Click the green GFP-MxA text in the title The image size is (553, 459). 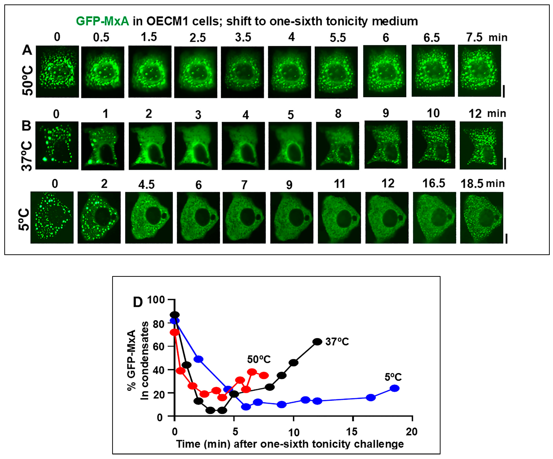click(x=102, y=21)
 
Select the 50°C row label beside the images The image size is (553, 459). click(x=28, y=80)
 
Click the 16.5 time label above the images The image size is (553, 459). click(x=433, y=183)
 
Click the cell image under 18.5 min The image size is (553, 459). click(x=481, y=218)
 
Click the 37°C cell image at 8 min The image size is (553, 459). click(x=337, y=146)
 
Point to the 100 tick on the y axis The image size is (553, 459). click(x=156, y=300)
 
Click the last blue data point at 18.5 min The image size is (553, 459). click(x=394, y=388)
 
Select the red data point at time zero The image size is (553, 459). click(x=175, y=332)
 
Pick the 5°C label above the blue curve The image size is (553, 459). click(x=393, y=377)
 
